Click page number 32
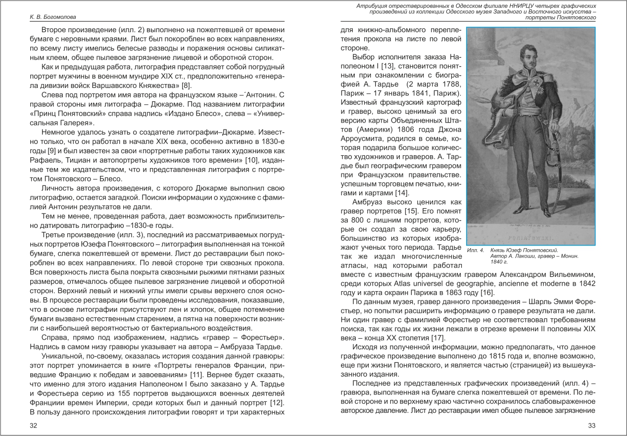(34, 425)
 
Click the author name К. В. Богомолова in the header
(48, 17)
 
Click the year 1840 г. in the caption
(499, 262)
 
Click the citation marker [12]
(276, 402)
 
